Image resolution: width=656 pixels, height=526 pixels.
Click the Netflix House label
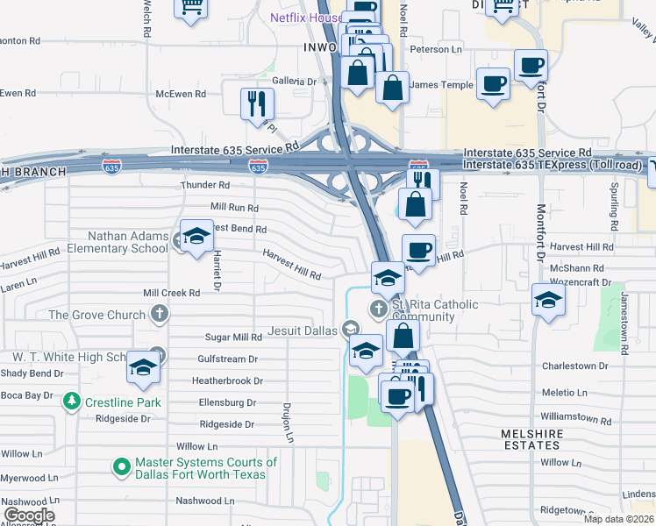click(x=305, y=18)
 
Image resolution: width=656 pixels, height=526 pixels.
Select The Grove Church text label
click(x=96, y=315)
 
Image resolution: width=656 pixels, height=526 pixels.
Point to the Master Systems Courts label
click(x=205, y=468)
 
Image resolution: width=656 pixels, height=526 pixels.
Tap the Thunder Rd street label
click(x=204, y=185)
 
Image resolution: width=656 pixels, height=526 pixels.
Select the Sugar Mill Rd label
click(x=233, y=337)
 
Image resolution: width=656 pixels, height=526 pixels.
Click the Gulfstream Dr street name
click(x=227, y=359)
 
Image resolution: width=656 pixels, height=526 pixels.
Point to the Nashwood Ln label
click(x=198, y=501)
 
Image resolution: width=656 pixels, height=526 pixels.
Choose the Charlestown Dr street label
click(x=574, y=366)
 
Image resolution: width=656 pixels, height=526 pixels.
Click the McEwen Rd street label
click(x=180, y=93)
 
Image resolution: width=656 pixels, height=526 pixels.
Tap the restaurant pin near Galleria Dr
click(x=257, y=103)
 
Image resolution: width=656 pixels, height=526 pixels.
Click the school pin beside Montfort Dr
click(x=548, y=301)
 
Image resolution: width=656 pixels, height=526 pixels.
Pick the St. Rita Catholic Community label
click(x=435, y=310)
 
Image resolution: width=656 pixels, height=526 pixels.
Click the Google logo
click(x=29, y=515)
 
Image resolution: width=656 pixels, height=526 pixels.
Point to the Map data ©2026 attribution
click(x=618, y=519)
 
